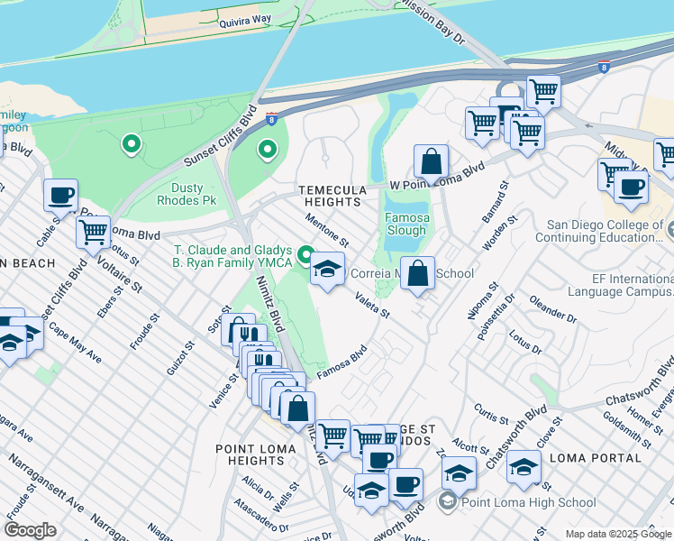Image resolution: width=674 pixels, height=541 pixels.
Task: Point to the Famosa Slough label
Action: pos(407,225)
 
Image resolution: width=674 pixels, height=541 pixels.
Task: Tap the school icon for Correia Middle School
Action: pos(328,268)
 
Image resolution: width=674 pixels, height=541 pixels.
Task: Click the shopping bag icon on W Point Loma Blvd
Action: pos(432,162)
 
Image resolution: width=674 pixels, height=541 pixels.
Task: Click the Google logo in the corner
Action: pos(30,530)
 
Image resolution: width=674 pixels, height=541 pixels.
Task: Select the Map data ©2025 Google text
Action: pos(618,534)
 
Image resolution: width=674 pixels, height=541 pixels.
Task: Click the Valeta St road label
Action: pos(371,305)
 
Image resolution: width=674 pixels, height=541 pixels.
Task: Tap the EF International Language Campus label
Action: pos(620,285)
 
